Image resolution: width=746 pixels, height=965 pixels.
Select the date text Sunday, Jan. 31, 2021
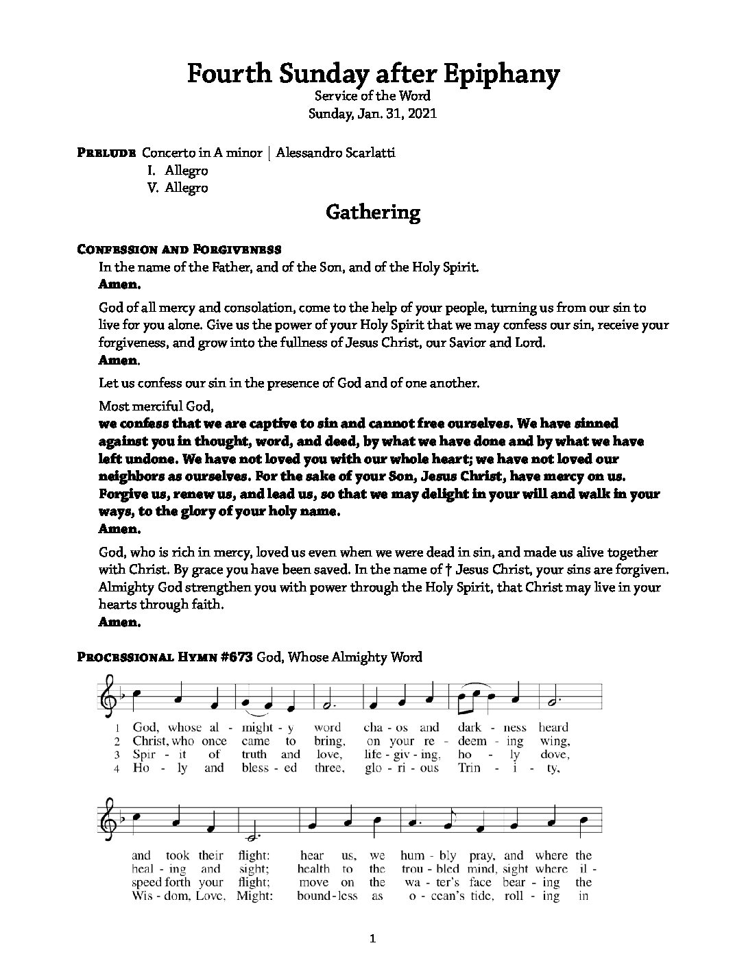[x=372, y=114]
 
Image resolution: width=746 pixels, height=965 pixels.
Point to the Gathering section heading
[x=372, y=212]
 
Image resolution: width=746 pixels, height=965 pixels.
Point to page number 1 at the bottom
[x=372, y=939]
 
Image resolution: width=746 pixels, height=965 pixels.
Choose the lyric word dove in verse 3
[x=555, y=755]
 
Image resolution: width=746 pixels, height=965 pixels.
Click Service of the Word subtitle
[x=372, y=96]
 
